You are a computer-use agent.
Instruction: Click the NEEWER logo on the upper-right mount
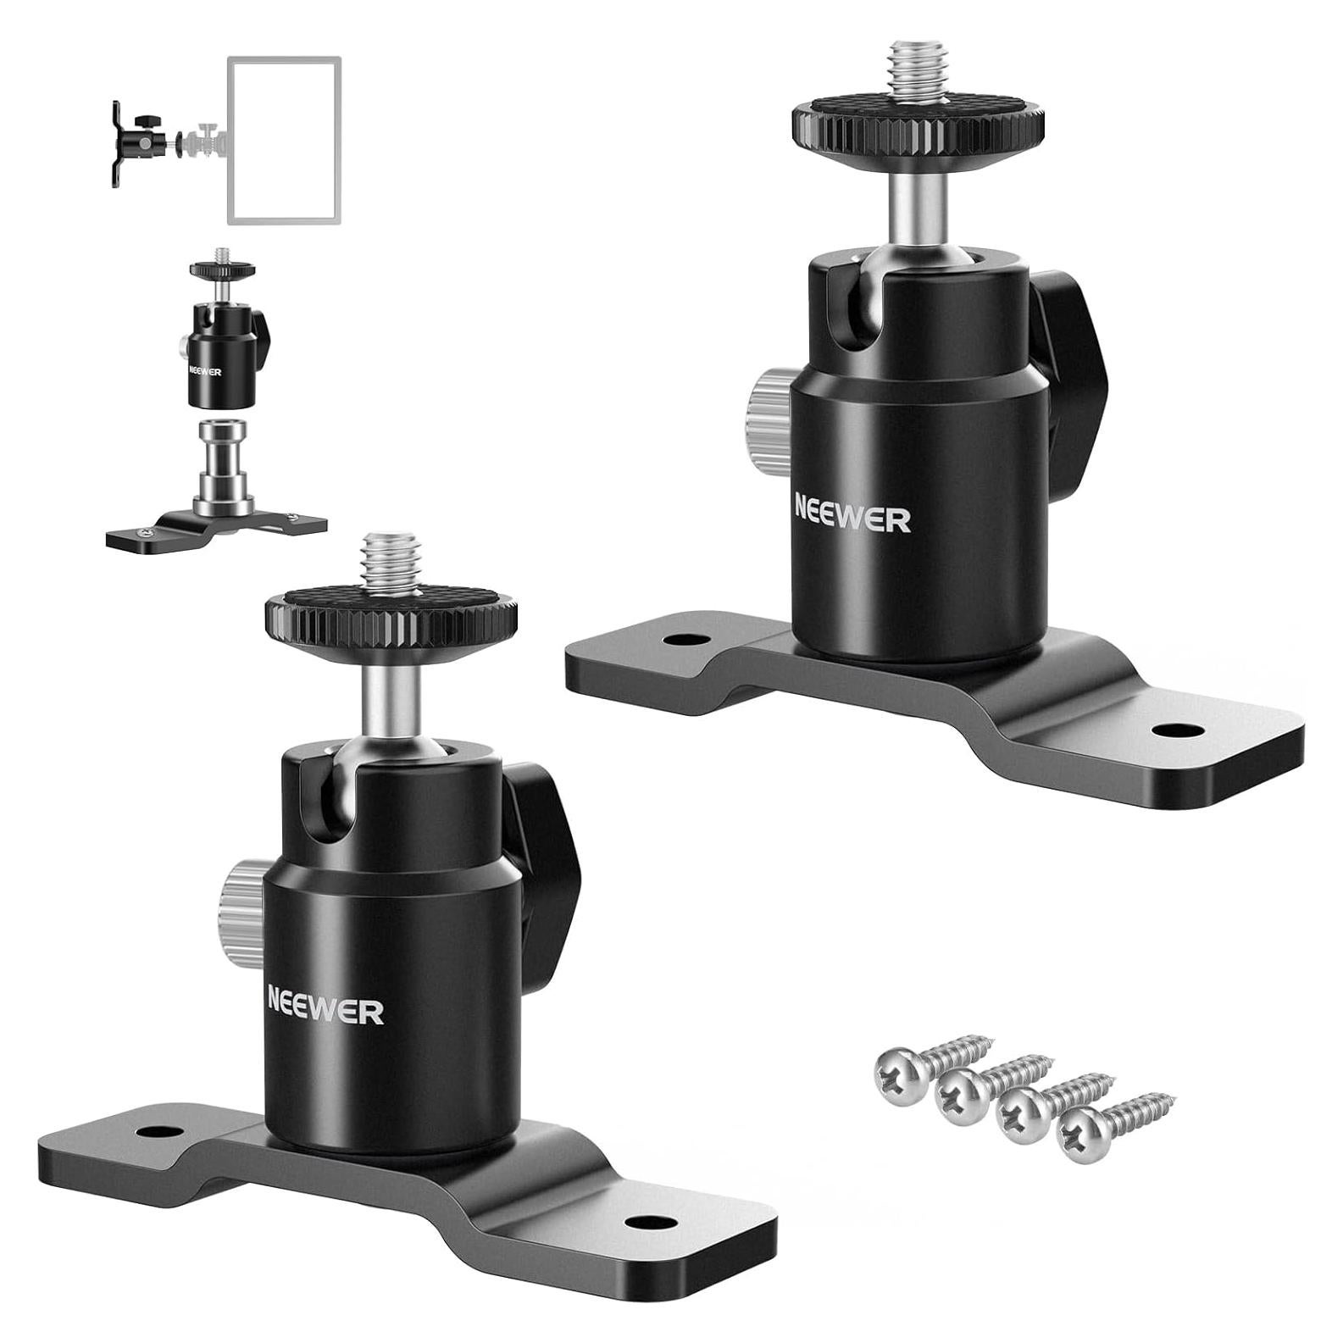coord(852,518)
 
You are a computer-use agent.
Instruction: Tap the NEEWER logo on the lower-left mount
coord(325,1012)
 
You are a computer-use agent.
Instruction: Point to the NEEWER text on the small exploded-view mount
coord(205,371)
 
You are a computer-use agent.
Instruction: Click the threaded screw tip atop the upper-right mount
coord(916,72)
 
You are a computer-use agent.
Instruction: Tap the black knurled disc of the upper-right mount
coord(918,125)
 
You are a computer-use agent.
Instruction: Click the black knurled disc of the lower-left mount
coord(391,618)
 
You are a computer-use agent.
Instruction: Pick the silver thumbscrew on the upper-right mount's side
coord(768,412)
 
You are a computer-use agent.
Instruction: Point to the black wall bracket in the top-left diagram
coord(117,143)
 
